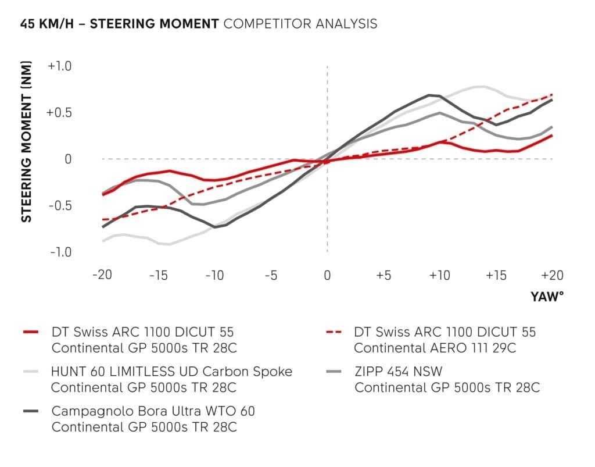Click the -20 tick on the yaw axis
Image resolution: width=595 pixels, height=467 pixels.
[x=102, y=275]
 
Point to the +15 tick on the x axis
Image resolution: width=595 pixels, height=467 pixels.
[x=496, y=275]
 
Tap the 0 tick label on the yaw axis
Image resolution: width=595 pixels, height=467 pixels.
[x=327, y=275]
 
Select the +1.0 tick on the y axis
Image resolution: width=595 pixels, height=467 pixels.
[x=59, y=66]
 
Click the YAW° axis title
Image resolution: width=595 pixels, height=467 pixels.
[x=547, y=297]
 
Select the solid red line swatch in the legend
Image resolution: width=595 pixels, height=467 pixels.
[x=31, y=333]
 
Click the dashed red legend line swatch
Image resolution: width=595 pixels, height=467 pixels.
[x=335, y=333]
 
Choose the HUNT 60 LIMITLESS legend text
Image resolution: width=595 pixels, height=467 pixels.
[x=171, y=372]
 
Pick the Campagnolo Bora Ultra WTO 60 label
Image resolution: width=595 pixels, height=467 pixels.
[x=153, y=411]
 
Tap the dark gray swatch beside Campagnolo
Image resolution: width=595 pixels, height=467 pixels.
[x=31, y=411]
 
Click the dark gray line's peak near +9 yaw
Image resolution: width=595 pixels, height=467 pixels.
[x=429, y=95]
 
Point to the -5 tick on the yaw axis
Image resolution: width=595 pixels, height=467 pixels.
[x=271, y=275]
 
